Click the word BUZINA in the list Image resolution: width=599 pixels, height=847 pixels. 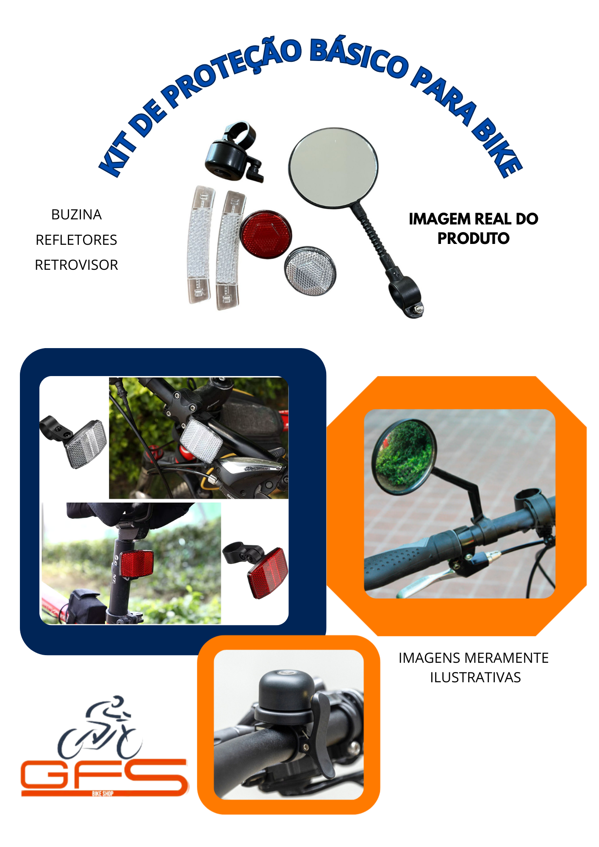76,215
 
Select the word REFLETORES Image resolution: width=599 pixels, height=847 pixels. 76,240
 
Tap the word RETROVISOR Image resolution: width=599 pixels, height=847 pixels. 76,265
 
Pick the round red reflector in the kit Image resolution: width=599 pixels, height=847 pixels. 266,234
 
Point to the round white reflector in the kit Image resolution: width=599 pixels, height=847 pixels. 311,271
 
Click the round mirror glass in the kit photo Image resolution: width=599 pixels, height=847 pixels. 333,167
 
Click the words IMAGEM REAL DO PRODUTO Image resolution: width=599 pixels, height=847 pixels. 473,229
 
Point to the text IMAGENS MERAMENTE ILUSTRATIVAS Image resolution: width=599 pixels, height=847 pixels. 474,667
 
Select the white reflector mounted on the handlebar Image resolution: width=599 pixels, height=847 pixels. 201,438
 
